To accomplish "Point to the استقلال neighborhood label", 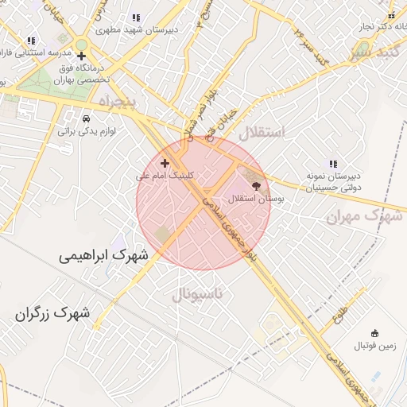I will pyautogui.click(x=261, y=132).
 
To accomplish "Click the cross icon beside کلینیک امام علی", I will pyautogui.click(x=165, y=162).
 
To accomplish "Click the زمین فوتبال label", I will pyautogui.click(x=374, y=346).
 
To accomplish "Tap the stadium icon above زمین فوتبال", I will pyautogui.click(x=374, y=333).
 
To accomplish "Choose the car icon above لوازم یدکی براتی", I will pyautogui.click(x=87, y=117).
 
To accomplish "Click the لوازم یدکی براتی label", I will pyautogui.click(x=87, y=130).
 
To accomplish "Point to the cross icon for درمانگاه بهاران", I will pyautogui.click(x=82, y=55).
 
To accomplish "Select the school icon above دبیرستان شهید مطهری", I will pyautogui.click(x=136, y=17).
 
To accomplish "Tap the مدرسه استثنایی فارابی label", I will pyautogui.click(x=32, y=52).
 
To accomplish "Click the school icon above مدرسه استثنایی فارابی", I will pyautogui.click(x=31, y=40).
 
